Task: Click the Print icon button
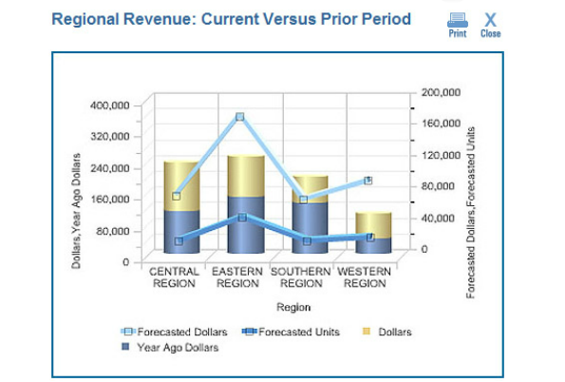[x=458, y=26]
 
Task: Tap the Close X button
[x=490, y=26]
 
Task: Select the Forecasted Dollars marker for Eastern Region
[x=240, y=117]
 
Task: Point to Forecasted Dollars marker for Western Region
[x=367, y=181]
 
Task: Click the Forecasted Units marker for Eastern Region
[x=242, y=217]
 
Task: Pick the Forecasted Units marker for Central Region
[x=179, y=241]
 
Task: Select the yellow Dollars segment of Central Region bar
[x=181, y=185]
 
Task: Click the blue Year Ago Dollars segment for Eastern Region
[x=246, y=224]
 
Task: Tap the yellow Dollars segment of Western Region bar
[x=373, y=225]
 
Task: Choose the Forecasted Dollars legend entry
[x=175, y=332]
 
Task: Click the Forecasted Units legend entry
[x=291, y=332]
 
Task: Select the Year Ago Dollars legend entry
[x=170, y=348]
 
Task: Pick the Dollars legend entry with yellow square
[x=387, y=332]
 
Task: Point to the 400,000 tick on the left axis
[x=109, y=105]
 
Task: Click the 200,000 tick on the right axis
[x=441, y=92]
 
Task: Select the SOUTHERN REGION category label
[x=301, y=277]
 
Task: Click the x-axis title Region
[x=293, y=307]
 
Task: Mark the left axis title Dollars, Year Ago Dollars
[x=76, y=211]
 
